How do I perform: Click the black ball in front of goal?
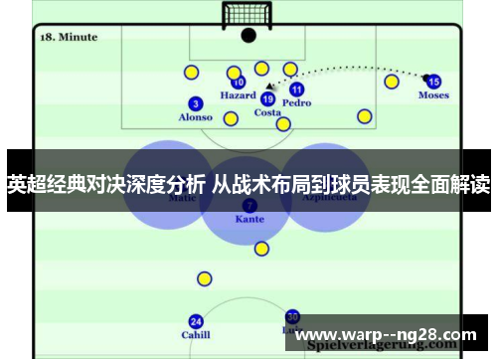[248, 36]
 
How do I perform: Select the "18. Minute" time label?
[68, 37]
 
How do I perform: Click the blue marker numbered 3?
[196, 102]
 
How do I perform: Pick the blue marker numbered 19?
[267, 98]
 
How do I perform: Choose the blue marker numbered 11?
[296, 89]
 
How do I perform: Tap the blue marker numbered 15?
[433, 82]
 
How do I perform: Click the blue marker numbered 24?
[196, 321]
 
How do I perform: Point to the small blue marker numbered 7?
[249, 205]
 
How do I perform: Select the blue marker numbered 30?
[292, 316]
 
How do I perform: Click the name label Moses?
[433, 96]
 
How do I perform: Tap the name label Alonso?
[195, 117]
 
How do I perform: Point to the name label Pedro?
[296, 103]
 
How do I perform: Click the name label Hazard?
[238, 96]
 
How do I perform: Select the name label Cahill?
[196, 335]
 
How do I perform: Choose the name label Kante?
[249, 219]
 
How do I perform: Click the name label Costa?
[267, 113]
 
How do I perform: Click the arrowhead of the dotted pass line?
[269, 87]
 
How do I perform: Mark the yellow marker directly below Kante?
[261, 249]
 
